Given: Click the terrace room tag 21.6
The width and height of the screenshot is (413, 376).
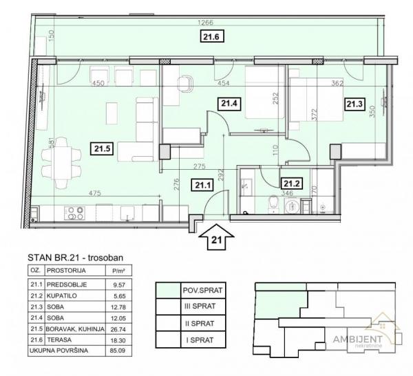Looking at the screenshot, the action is click(x=211, y=36).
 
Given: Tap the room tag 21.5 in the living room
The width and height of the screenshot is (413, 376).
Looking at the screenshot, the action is click(x=102, y=148).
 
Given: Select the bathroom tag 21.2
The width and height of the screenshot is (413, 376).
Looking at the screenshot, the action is click(x=292, y=183).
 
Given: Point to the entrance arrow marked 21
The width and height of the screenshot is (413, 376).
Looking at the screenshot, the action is click(x=216, y=236).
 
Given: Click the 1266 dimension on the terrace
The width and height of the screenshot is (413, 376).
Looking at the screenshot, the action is click(x=205, y=23).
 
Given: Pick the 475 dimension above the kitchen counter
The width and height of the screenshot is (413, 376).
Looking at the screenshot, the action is click(x=95, y=193).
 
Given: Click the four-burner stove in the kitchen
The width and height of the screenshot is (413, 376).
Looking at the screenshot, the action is click(x=74, y=213).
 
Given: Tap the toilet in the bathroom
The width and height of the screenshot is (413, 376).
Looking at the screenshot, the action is click(x=274, y=204).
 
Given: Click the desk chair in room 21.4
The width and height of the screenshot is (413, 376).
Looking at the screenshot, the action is click(x=185, y=84).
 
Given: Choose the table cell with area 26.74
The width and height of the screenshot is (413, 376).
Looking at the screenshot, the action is click(x=118, y=329).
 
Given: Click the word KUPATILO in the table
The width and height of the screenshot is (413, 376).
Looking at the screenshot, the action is click(x=62, y=296).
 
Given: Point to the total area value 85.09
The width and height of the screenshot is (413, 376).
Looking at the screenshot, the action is click(x=118, y=351).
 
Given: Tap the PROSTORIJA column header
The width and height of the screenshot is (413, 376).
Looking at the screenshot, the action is click(x=66, y=271).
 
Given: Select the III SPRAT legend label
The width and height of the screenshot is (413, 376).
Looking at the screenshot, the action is click(x=204, y=307).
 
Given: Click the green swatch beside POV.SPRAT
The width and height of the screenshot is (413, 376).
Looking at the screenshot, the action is click(x=169, y=291).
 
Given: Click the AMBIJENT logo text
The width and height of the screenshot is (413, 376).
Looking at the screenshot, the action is click(x=358, y=339).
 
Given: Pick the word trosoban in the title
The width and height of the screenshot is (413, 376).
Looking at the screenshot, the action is click(x=105, y=258).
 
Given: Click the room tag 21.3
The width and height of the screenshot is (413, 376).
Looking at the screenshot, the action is click(x=354, y=104).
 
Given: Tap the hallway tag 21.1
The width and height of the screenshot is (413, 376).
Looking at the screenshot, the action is click(x=202, y=185).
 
